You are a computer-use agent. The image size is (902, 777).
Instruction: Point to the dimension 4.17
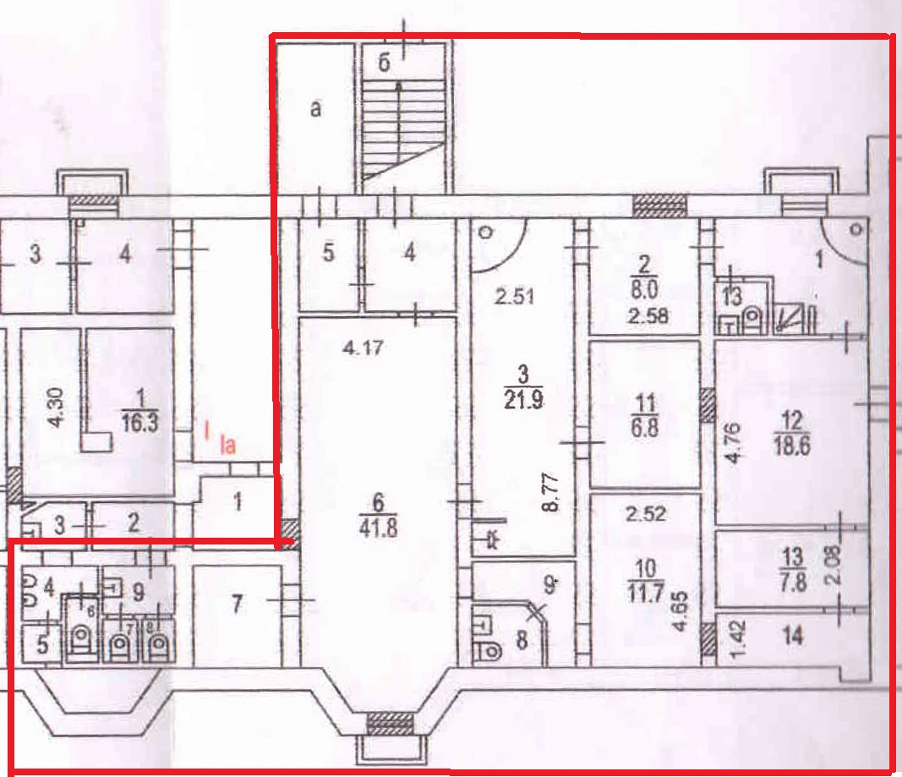pyautogui.click(x=363, y=348)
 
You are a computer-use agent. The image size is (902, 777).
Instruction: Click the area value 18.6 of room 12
pyautogui.click(x=792, y=446)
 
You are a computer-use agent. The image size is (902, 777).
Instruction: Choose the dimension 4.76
pyautogui.click(x=732, y=443)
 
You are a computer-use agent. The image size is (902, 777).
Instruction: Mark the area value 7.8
pyautogui.click(x=793, y=583)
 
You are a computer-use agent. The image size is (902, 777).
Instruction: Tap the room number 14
pyautogui.click(x=793, y=636)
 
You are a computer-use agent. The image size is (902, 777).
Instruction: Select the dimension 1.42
pyautogui.click(x=739, y=638)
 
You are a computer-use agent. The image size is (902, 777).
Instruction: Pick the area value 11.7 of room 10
pyautogui.click(x=646, y=593)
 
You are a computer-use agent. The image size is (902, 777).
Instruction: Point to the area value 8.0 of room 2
pyautogui.click(x=644, y=289)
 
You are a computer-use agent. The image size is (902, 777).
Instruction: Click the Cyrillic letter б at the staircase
pyautogui.click(x=385, y=63)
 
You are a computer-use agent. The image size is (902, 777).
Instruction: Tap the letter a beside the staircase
pyautogui.click(x=315, y=108)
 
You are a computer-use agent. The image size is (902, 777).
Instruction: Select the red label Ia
pyautogui.click(x=228, y=445)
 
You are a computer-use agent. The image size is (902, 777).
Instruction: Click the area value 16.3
pyautogui.click(x=140, y=424)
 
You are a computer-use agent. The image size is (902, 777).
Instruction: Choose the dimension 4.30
pyautogui.click(x=57, y=408)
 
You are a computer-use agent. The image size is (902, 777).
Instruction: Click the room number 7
pyautogui.click(x=237, y=604)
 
